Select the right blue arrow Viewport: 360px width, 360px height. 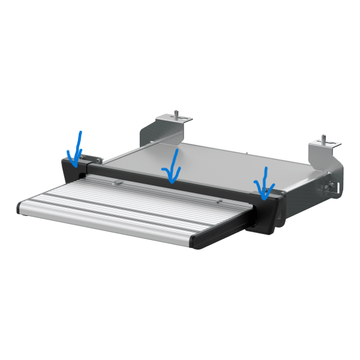pos(262,183)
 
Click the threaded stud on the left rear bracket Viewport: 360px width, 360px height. pos(177,113)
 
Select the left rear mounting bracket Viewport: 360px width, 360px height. pos(161,128)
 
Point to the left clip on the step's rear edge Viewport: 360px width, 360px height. pos(120,181)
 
